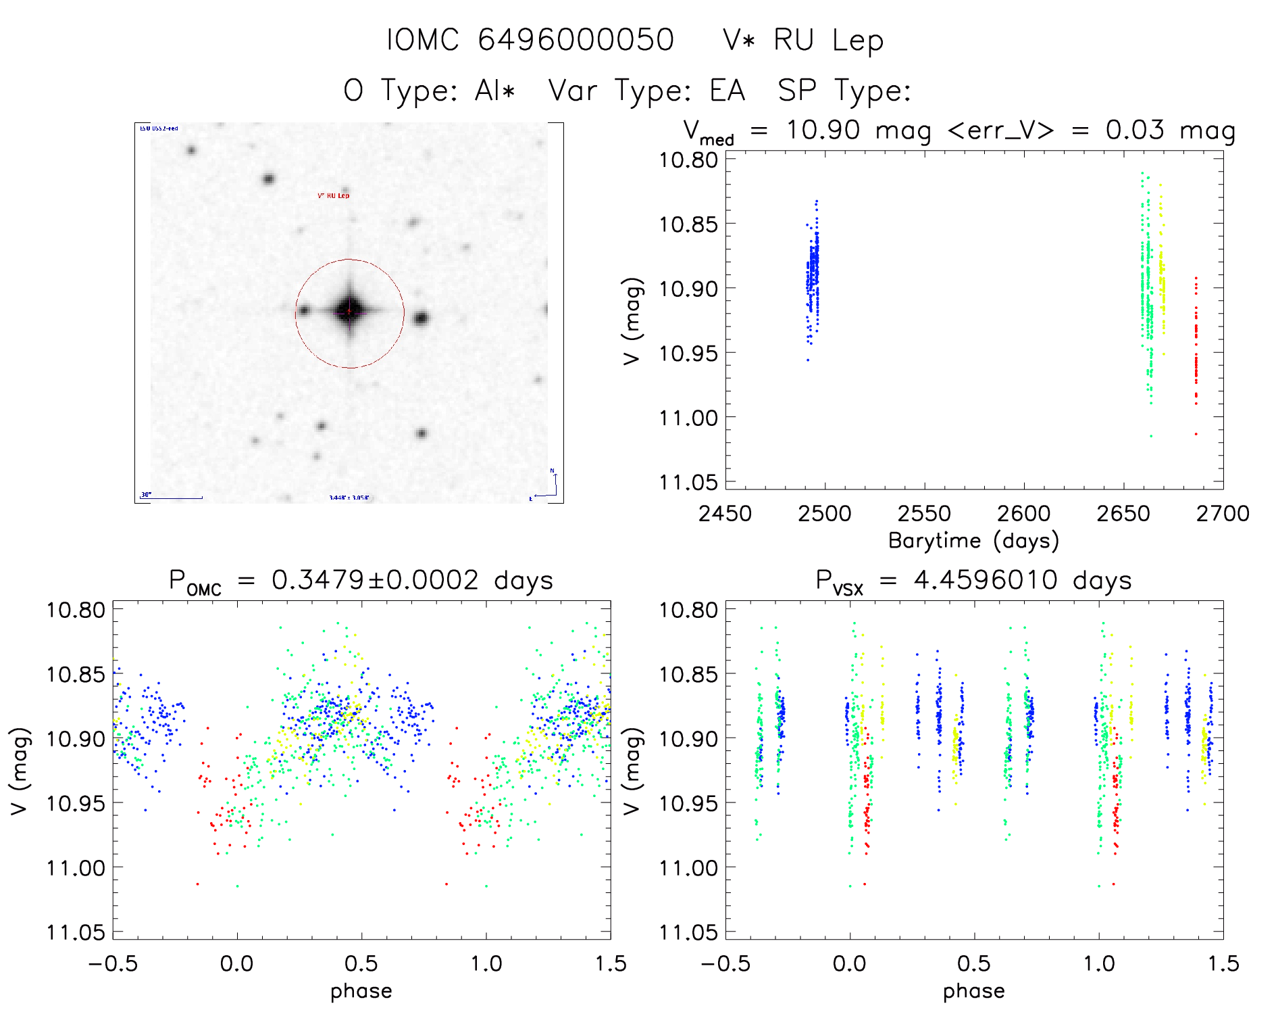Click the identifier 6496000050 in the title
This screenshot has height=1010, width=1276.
point(576,40)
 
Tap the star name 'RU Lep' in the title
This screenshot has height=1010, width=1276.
point(828,41)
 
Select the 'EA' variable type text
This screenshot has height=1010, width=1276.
point(727,91)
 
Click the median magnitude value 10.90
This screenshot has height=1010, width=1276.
point(823,130)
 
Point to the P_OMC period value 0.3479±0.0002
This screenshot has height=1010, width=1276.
point(375,580)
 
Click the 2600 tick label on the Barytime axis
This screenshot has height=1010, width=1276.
point(1023,514)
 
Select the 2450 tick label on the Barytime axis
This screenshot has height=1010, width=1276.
point(725,514)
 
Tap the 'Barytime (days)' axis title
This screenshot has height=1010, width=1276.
point(973,541)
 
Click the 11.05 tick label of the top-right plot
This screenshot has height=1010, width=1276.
point(688,482)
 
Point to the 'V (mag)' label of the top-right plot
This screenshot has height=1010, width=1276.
point(632,321)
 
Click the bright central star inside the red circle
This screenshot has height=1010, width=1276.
point(349,312)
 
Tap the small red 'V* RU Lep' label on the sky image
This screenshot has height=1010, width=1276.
point(334,195)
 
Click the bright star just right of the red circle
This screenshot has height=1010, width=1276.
point(421,318)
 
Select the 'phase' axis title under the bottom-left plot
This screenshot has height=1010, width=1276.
point(361,991)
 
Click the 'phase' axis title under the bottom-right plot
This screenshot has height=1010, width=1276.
point(973,991)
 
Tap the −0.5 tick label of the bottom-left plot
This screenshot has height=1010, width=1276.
point(113,964)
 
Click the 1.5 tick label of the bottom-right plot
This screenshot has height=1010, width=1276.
point(1223,964)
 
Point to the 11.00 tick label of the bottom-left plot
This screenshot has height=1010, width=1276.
point(76,867)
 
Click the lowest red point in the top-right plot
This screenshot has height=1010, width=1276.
point(1196,434)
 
